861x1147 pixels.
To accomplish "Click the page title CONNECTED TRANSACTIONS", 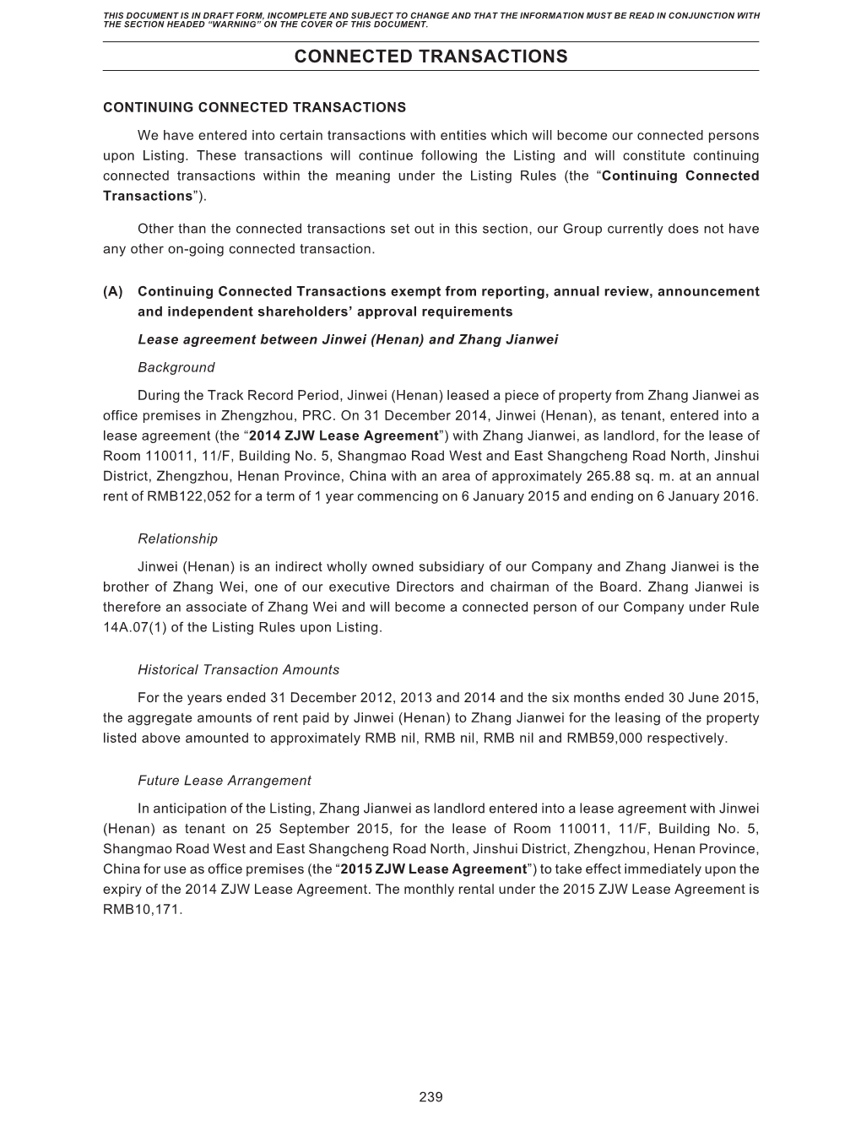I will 430,57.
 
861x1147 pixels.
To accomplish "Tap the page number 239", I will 430,1096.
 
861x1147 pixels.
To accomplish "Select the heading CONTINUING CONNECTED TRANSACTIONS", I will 254,107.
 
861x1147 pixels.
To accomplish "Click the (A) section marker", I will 113,291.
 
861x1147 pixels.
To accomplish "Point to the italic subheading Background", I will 176,367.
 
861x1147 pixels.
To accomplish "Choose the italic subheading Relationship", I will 177,538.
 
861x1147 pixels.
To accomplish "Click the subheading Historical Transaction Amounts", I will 238,669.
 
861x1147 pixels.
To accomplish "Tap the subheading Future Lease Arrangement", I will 224,781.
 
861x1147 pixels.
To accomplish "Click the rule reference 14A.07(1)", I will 141,627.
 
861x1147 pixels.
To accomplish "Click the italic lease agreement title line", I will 348,339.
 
